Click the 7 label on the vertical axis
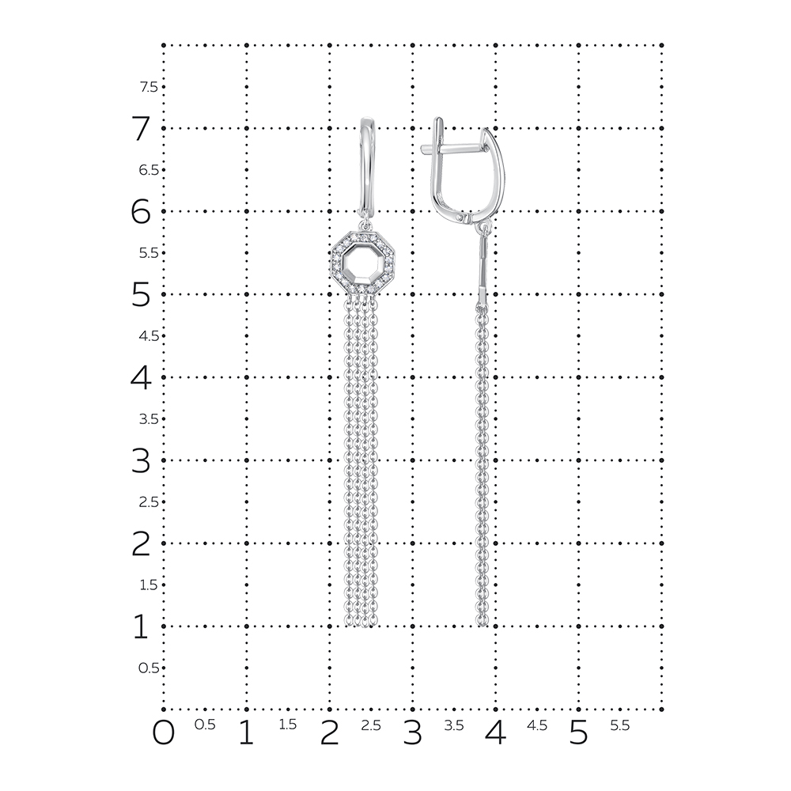tap(141, 128)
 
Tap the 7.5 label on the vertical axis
tap(149, 87)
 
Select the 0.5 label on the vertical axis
tap(149, 668)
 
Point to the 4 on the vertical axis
tap(141, 377)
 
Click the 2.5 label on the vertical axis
tap(149, 502)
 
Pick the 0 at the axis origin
tap(163, 732)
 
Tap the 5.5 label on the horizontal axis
tap(620, 725)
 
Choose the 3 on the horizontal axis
tap(412, 732)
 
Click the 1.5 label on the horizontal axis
tap(288, 725)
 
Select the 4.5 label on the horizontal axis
tap(537, 725)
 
